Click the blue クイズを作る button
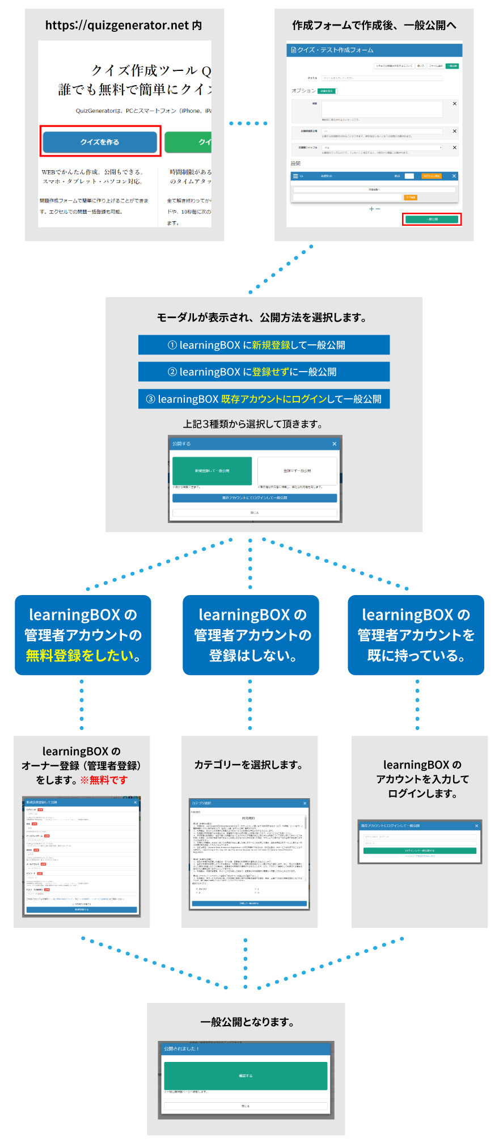(x=100, y=142)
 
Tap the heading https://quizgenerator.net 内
(x=123, y=26)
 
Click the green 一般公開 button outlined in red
(x=432, y=219)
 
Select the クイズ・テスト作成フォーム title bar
(x=374, y=50)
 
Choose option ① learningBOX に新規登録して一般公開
(x=264, y=345)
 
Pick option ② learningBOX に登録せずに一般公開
(x=264, y=372)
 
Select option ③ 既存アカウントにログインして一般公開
(x=264, y=399)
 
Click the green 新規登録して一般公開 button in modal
(x=212, y=471)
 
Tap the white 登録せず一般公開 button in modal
(x=297, y=471)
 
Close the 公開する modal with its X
(x=334, y=444)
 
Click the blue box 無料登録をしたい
(x=83, y=635)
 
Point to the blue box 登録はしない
(x=251, y=635)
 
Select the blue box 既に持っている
(x=416, y=635)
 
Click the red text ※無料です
(x=104, y=780)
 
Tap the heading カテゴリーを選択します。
(x=249, y=765)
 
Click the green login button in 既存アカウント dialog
(x=420, y=851)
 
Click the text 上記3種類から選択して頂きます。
(x=253, y=424)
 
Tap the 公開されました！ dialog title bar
(x=246, y=1048)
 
